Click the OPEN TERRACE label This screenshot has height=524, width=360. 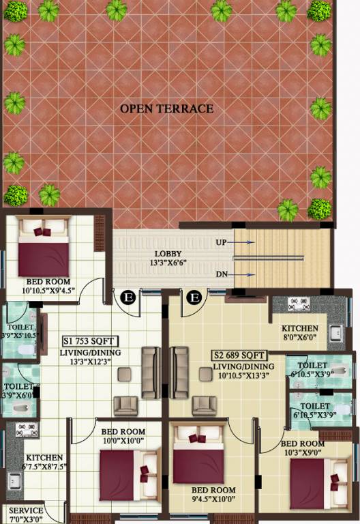pyautogui.click(x=167, y=108)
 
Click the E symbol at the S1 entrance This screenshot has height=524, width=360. pyautogui.click(x=127, y=297)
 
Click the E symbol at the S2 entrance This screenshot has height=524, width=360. pyautogui.click(x=194, y=297)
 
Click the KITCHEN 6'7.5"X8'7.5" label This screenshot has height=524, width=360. pyautogui.click(x=44, y=462)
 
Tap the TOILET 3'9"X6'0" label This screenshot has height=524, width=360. pyautogui.click(x=18, y=379)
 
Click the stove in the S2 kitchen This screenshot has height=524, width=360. pyautogui.click(x=301, y=303)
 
